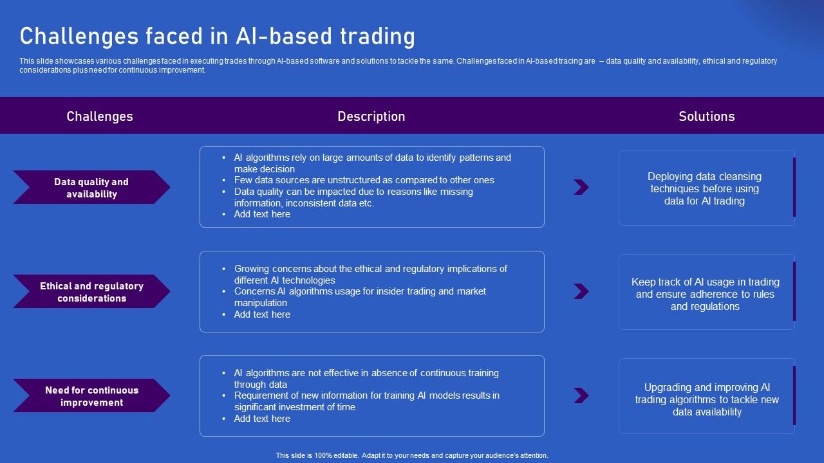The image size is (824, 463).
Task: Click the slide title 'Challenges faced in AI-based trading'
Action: (217, 37)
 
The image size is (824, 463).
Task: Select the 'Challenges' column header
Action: (100, 116)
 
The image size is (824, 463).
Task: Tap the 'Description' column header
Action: (371, 116)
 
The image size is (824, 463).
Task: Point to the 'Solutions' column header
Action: (706, 116)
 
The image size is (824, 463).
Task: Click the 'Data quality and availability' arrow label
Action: (91, 188)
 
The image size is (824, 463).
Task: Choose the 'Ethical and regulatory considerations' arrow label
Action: (91, 292)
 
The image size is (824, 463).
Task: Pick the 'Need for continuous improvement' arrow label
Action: (91, 396)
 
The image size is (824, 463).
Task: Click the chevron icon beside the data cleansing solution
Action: (581, 187)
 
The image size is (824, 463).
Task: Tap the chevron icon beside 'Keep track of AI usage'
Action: (581, 291)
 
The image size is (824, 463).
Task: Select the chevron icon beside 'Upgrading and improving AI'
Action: (581, 395)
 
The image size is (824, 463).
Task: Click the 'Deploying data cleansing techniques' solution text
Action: (704, 188)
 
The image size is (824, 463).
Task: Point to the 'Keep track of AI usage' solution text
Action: (705, 294)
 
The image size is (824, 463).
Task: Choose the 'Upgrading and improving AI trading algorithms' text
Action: (707, 399)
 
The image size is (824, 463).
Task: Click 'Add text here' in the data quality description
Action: (262, 214)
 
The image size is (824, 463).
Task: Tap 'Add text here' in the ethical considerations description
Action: (262, 314)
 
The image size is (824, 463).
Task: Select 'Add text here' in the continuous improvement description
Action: (262, 419)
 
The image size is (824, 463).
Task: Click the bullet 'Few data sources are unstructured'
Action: (364, 180)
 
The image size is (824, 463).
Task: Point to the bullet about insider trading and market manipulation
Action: (359, 297)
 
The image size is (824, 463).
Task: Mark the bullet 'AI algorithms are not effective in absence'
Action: (366, 378)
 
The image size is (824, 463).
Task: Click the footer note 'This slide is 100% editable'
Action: (412, 455)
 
